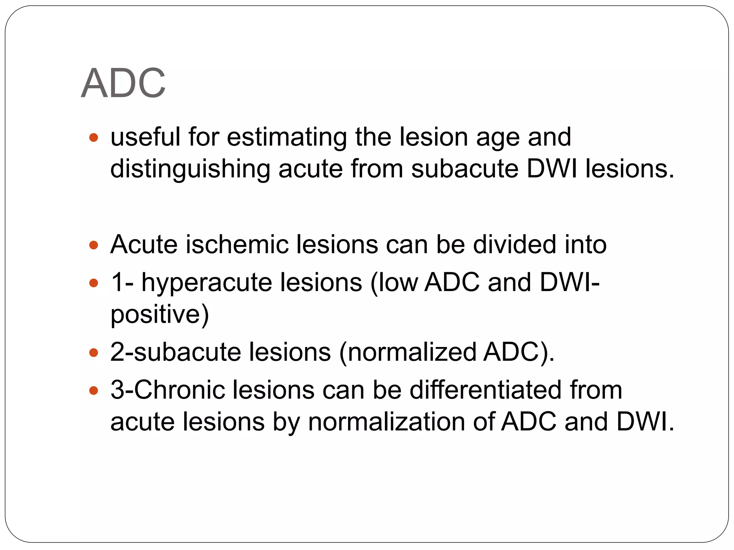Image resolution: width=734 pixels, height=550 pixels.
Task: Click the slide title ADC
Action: tap(123, 83)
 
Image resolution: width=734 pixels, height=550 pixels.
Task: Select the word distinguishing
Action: tap(190, 169)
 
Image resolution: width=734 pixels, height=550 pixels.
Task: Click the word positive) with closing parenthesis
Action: tap(159, 314)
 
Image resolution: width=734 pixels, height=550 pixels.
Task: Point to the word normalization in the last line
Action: tap(386, 421)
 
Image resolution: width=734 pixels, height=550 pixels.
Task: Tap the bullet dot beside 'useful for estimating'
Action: tap(94, 137)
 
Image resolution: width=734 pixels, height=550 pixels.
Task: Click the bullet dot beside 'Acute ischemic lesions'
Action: tap(94, 245)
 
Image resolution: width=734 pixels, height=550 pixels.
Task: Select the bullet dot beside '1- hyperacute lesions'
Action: tap(94, 283)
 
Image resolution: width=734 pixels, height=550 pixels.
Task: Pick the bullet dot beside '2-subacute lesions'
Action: tap(94, 353)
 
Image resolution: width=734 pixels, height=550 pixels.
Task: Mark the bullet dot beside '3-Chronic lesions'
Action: tap(94, 390)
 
